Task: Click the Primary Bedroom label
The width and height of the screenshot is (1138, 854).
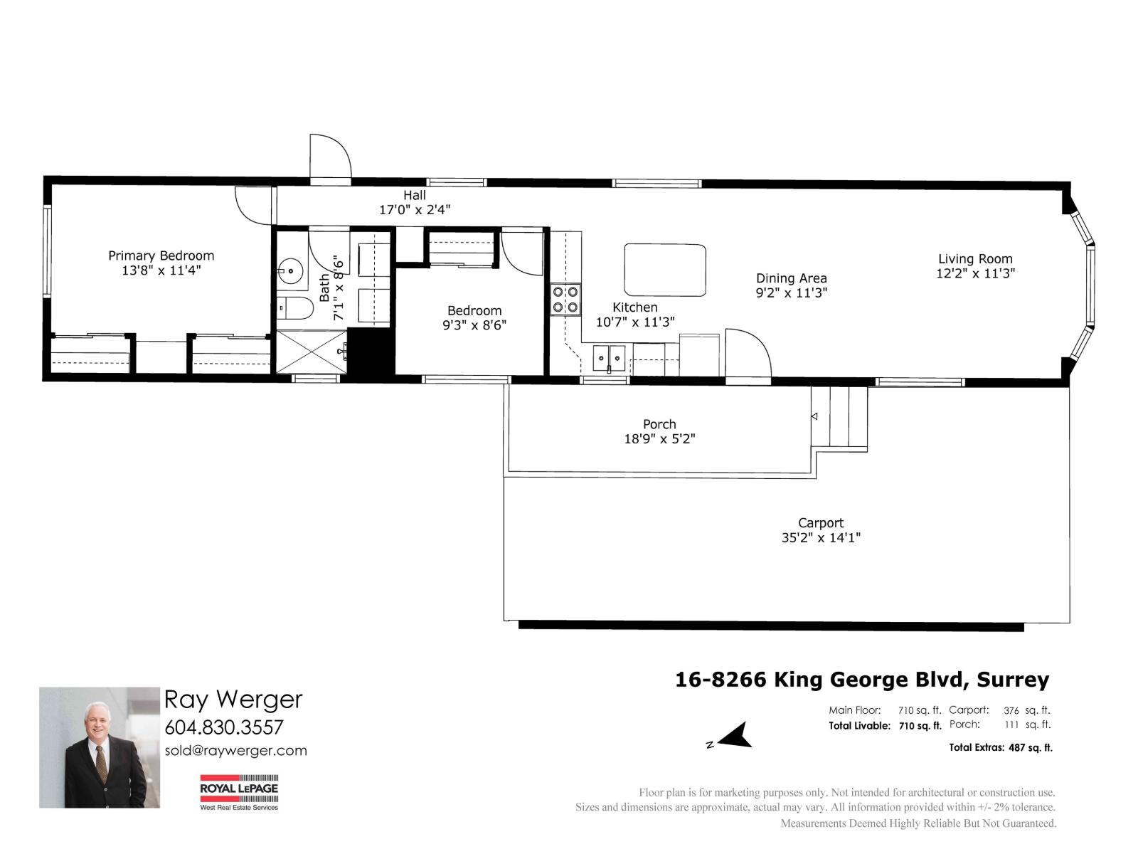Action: [x=161, y=255]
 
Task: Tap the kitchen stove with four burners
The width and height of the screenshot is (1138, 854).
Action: [x=565, y=299]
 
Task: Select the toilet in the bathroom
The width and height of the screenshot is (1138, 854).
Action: [x=294, y=309]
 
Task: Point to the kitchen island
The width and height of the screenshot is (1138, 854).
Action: [x=664, y=270]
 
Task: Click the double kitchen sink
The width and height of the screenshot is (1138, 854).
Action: [x=609, y=357]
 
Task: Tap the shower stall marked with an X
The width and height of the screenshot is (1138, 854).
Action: [x=311, y=352]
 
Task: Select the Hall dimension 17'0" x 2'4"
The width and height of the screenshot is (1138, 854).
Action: [x=414, y=209]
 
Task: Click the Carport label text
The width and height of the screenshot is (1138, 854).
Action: [x=821, y=522]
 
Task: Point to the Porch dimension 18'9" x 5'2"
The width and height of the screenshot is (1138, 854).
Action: [x=659, y=438]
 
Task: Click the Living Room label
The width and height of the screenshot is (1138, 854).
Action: [x=975, y=259]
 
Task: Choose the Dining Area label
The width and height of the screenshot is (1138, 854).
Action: [x=791, y=278]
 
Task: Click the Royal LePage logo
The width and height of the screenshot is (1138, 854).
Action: [x=239, y=792]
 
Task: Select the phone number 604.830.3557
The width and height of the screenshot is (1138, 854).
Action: [x=224, y=727]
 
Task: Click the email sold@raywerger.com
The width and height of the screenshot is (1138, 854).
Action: [x=236, y=751]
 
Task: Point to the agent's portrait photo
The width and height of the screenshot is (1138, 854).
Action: [x=100, y=747]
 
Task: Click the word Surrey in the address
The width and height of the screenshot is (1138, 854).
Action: [x=1013, y=680]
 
